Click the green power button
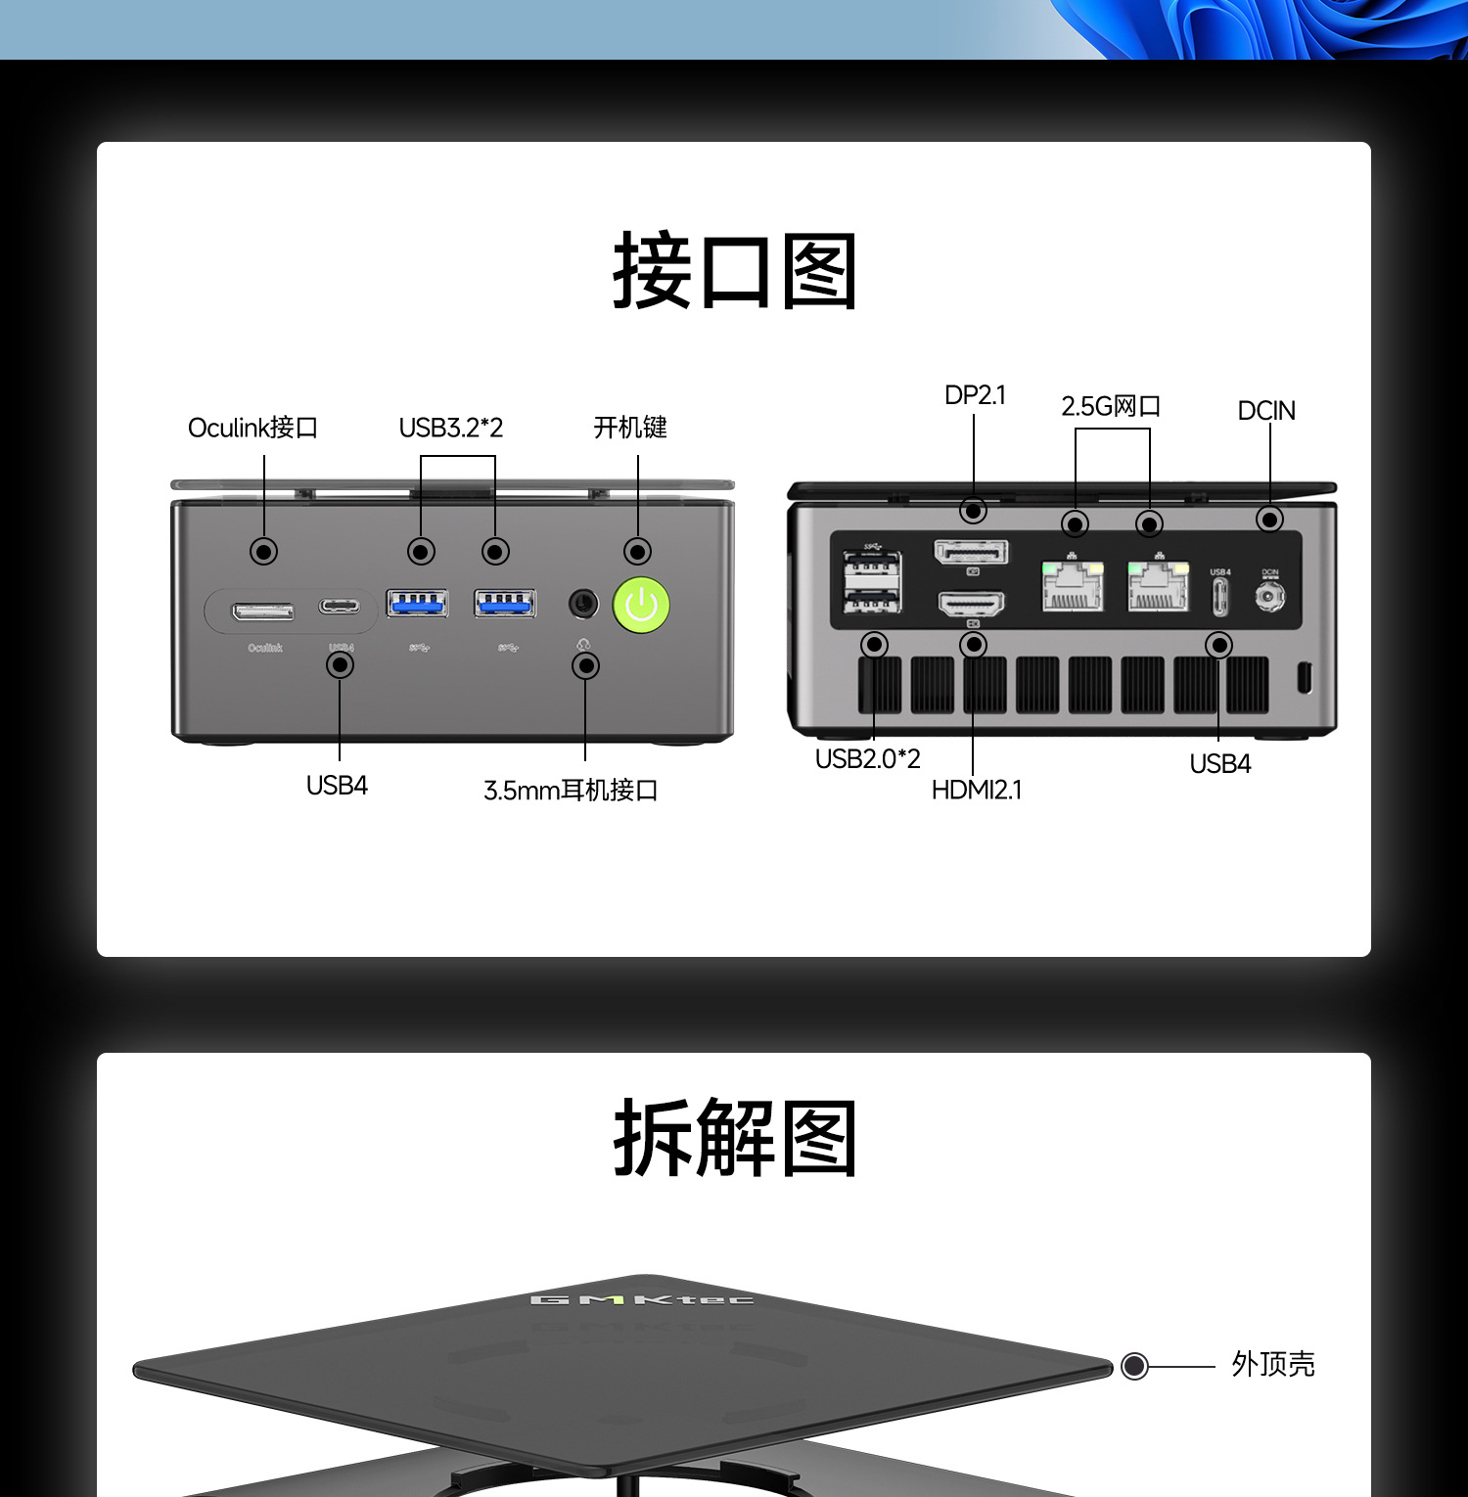coord(641,605)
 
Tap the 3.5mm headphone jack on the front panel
coord(583,603)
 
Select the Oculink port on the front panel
coord(262,612)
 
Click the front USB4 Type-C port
coord(339,607)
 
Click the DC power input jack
coord(1269,595)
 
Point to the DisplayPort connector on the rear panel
coord(972,553)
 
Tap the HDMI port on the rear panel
coord(972,604)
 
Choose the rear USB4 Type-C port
coord(1219,596)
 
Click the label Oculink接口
coord(252,428)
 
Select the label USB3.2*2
coord(450,428)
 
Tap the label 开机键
coord(630,428)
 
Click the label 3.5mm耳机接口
coord(571,791)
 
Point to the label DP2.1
coord(975,395)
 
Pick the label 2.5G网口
coord(1111,406)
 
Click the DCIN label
coord(1266,411)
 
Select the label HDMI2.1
coord(977,790)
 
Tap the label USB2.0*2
coord(868,759)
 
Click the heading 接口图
coord(734,271)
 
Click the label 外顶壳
coord(1272,1364)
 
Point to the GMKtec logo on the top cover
coord(642,1299)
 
